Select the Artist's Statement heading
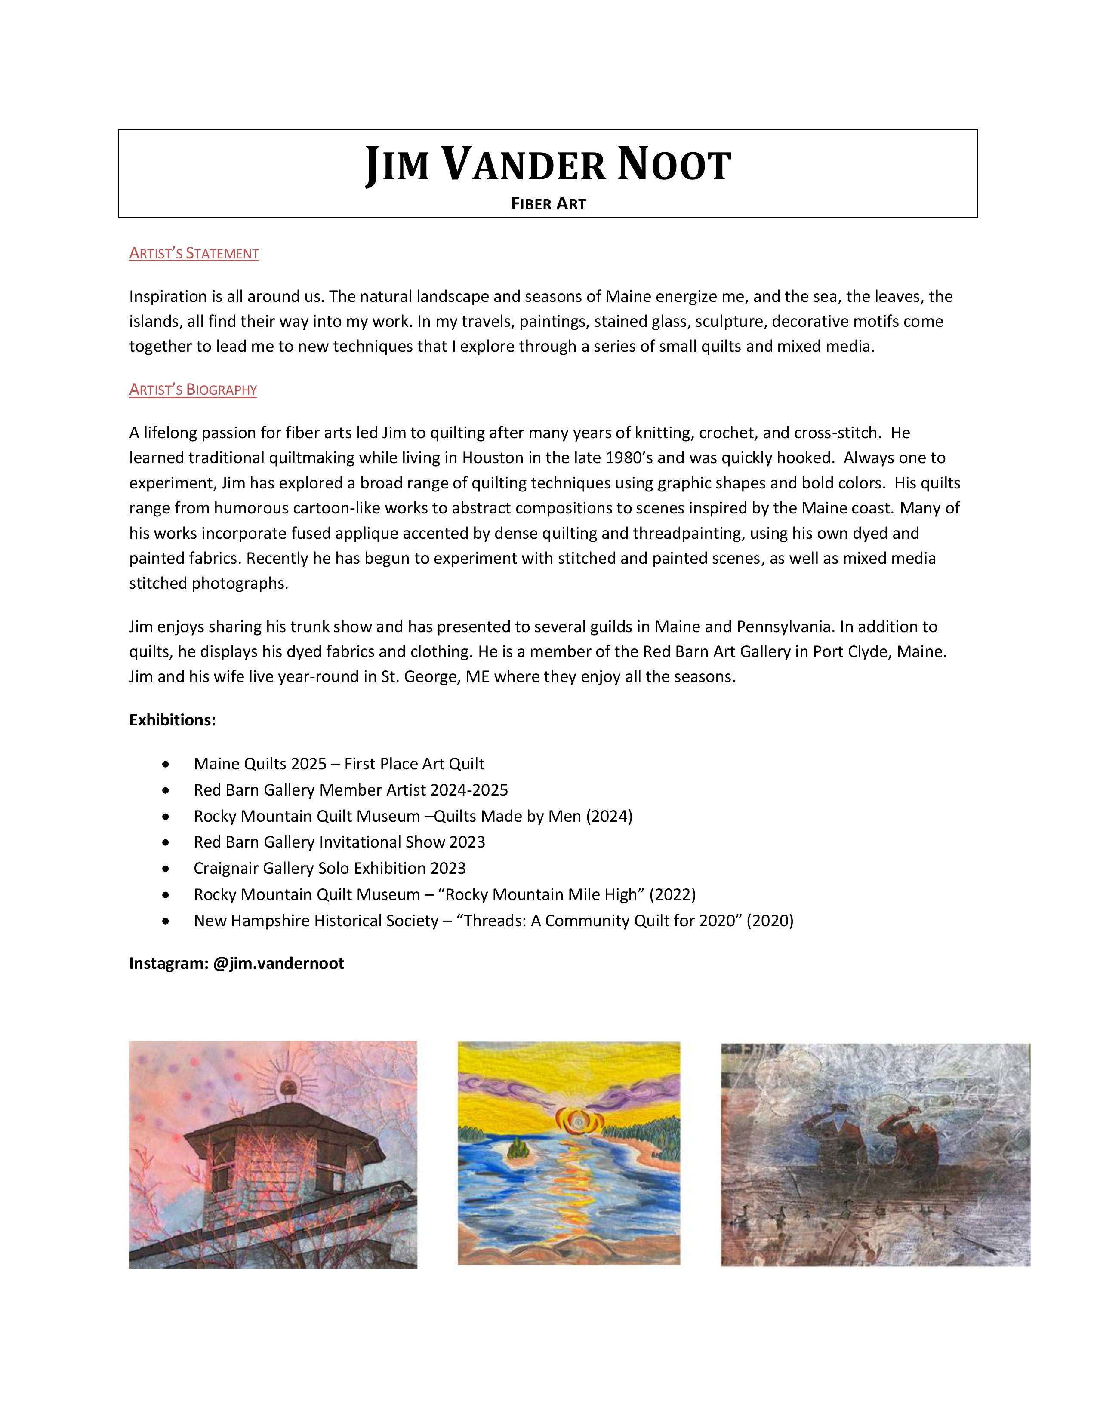[x=194, y=253]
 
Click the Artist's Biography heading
[x=193, y=390]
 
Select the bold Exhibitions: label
[x=172, y=720]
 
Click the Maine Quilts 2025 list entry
[x=339, y=764]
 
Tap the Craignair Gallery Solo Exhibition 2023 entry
[x=330, y=869]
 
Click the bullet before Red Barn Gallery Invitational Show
[x=166, y=843]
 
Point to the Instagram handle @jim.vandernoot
[x=278, y=964]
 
